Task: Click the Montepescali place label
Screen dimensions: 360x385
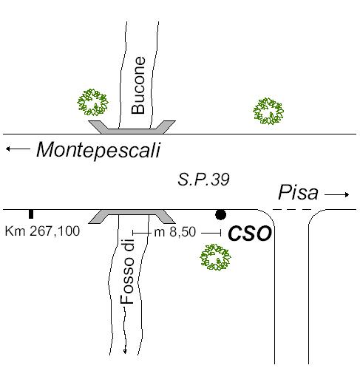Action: [98, 150]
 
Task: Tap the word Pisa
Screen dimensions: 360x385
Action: [298, 192]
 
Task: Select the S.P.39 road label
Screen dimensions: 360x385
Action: [203, 180]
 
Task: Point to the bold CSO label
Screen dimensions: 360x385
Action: [250, 234]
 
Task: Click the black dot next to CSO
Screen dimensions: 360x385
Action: [220, 214]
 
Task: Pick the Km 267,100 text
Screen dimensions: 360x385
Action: [42, 231]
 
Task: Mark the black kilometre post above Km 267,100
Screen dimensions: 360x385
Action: [31, 214]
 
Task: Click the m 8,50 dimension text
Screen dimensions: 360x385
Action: [174, 232]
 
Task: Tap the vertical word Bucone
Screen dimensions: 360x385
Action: [138, 85]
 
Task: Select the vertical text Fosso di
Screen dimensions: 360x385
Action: [127, 271]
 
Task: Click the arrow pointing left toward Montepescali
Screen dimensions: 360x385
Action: [18, 149]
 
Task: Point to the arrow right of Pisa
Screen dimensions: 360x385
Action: [337, 194]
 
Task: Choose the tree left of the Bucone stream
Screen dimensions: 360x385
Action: [92, 103]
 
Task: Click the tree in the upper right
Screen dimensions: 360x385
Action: [268, 111]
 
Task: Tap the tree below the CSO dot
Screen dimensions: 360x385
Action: [215, 257]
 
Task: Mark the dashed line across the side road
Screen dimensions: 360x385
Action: [292, 209]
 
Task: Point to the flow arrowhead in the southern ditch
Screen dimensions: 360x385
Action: [125, 351]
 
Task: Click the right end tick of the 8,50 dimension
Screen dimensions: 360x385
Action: [220, 232]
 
